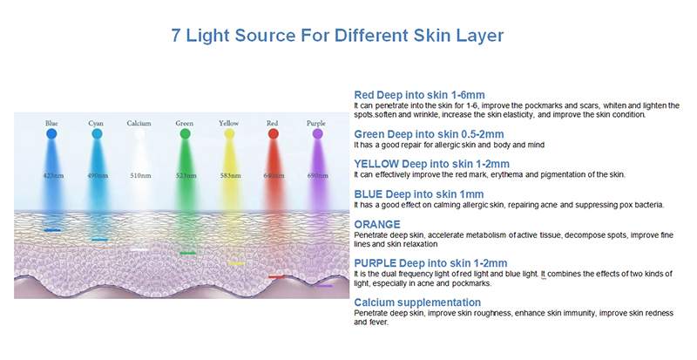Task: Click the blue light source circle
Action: (51, 133)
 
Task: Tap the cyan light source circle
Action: (97, 133)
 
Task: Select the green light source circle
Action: (185, 133)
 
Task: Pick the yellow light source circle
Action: (229, 133)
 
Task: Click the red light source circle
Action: (273, 133)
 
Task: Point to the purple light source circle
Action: (317, 133)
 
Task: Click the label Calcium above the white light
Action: (139, 123)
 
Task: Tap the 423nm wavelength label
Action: (53, 175)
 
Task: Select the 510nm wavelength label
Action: (140, 175)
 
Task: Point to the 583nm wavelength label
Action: (230, 175)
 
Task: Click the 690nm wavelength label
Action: (317, 175)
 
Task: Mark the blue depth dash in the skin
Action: (52, 230)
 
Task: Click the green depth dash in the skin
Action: (187, 253)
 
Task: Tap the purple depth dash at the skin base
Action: (324, 286)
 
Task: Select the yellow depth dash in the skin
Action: (236, 263)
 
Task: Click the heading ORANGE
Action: (377, 224)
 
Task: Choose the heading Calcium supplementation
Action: (417, 302)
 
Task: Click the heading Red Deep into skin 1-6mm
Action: (419, 95)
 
